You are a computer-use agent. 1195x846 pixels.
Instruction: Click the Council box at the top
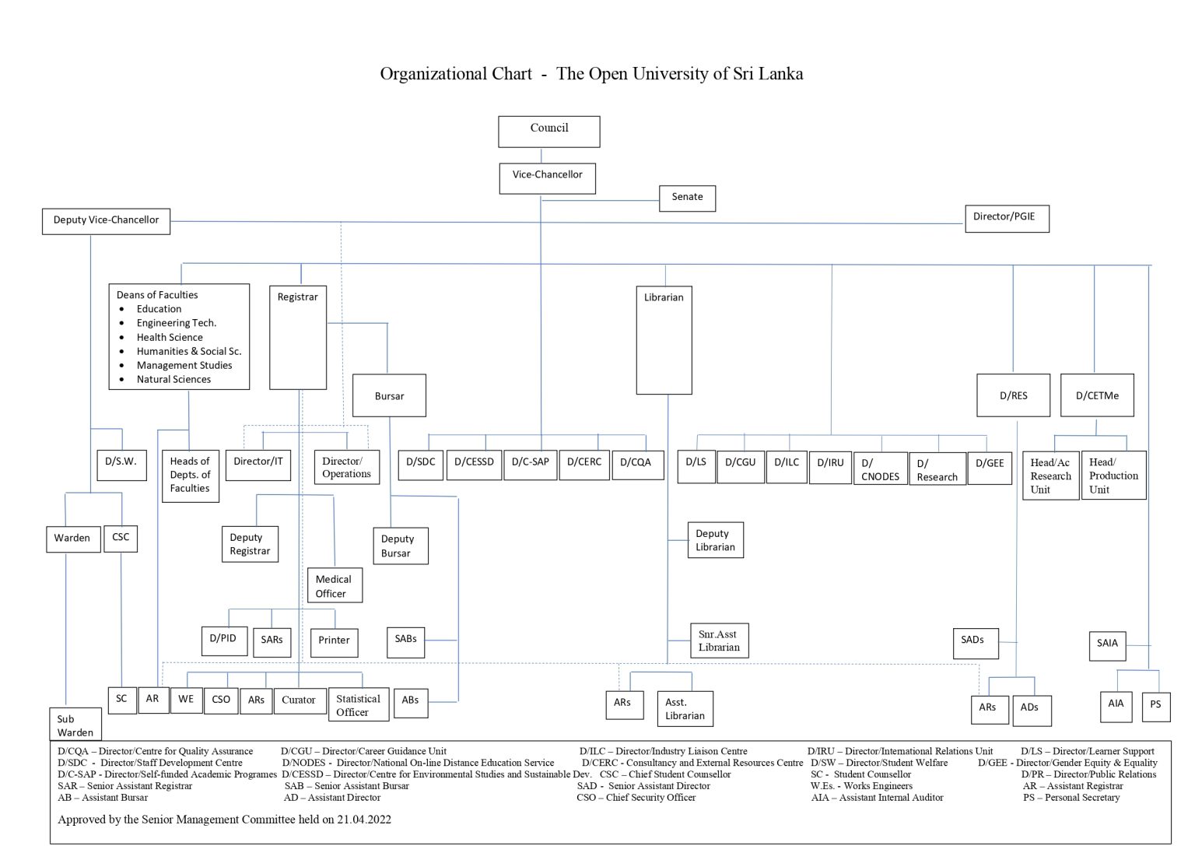(548, 131)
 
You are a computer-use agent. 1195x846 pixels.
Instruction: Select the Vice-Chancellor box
(547, 177)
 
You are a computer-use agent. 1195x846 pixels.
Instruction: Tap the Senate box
(687, 198)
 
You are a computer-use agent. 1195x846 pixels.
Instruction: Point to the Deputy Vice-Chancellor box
(106, 221)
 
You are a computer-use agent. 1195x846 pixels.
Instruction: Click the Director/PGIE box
(1006, 218)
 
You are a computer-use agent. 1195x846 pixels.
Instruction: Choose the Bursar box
(389, 395)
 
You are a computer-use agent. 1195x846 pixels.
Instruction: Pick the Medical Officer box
(334, 585)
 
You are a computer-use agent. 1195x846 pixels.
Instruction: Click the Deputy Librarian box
(715, 540)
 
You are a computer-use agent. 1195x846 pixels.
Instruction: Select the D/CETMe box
(1097, 395)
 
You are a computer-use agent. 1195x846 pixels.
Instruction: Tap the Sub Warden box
(75, 725)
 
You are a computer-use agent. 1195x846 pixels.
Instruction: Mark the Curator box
(298, 700)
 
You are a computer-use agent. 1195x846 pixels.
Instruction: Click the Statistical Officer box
(358, 704)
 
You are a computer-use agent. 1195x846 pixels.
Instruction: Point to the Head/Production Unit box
(1113, 475)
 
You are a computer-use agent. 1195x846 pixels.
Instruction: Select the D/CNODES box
(880, 469)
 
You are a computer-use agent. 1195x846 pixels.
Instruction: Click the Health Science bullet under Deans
(170, 337)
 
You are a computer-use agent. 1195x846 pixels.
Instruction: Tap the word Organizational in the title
(456, 74)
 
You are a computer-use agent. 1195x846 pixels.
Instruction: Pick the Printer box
(334, 641)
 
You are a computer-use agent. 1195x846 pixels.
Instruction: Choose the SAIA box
(1107, 644)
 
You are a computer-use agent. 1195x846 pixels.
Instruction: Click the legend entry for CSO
(636, 797)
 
